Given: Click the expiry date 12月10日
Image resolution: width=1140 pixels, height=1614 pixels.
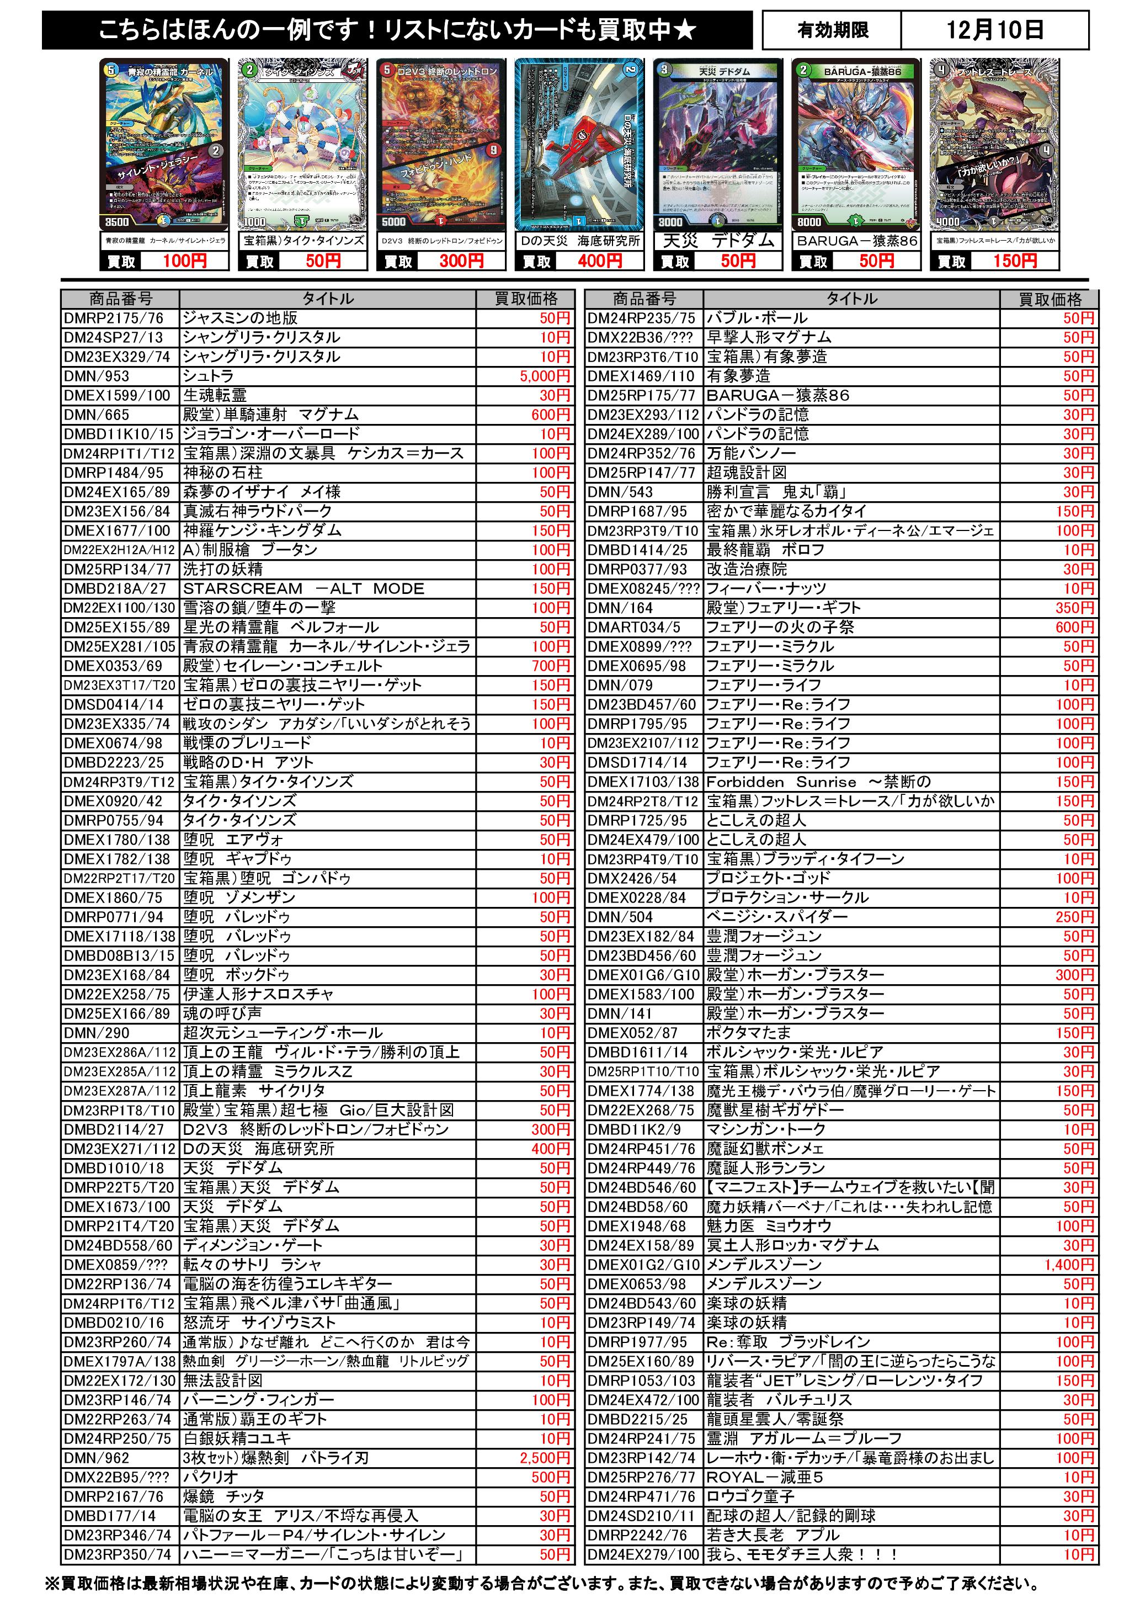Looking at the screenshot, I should pos(994,30).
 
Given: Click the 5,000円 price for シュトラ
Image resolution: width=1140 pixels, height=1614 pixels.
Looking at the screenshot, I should pos(545,376).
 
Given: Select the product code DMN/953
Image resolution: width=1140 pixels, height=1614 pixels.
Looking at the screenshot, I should pos(97,376).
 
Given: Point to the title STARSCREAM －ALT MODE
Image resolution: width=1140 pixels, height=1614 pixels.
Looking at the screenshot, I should pos(303,588).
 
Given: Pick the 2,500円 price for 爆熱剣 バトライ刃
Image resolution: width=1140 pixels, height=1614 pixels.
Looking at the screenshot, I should pos(545,1458).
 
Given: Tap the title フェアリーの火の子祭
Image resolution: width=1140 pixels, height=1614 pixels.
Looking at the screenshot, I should pos(780,627).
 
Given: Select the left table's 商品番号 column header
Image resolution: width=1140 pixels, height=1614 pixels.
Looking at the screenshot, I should pos(120,299).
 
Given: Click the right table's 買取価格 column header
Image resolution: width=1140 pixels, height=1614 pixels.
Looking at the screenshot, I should pos(1050,299).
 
